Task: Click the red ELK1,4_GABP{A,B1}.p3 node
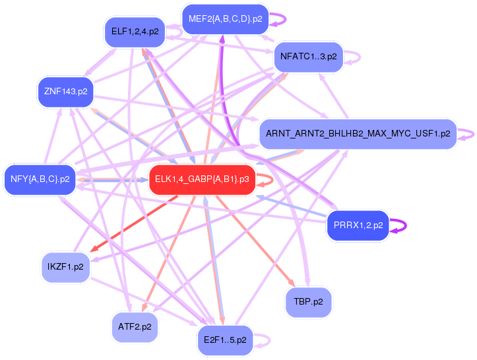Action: [202, 179]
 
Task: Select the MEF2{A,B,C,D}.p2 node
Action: [226, 19]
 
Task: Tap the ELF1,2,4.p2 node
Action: [135, 32]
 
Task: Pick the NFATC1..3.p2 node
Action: [309, 57]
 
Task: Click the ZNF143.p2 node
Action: [66, 92]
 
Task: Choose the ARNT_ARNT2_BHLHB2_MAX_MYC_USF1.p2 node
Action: [358, 134]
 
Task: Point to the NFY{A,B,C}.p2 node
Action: [40, 179]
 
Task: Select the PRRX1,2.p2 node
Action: [358, 225]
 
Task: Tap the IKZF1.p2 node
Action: [65, 267]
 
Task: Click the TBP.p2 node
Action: [308, 302]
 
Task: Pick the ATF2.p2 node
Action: [135, 327]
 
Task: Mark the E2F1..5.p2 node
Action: [225, 340]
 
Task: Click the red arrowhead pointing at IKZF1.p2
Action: [94, 249]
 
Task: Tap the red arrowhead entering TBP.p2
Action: [292, 283]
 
